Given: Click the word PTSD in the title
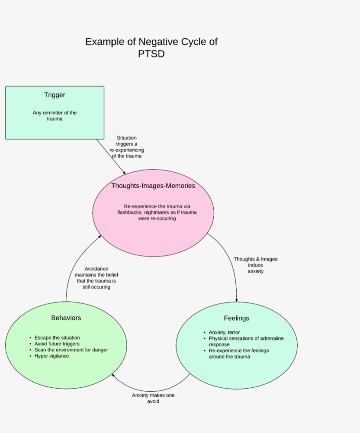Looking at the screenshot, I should pyautogui.click(x=151, y=54).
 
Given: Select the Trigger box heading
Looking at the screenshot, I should pyautogui.click(x=54, y=95).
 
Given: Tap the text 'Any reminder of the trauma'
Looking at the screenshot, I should pyautogui.click(x=54, y=115).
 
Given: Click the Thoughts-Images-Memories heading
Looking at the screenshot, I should pyautogui.click(x=153, y=186).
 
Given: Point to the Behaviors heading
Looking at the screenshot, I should pyautogui.click(x=66, y=318).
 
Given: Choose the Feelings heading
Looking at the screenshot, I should pyautogui.click(x=236, y=318).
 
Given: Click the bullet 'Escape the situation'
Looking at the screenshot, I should pyautogui.click(x=57, y=338).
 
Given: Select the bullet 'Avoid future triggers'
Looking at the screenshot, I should pyautogui.click(x=57, y=344).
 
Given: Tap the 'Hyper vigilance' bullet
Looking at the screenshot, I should pyautogui.click(x=51, y=356).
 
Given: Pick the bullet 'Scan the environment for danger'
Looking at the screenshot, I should pyautogui.click(x=71, y=350).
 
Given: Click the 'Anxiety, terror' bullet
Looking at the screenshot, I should pyautogui.click(x=224, y=333).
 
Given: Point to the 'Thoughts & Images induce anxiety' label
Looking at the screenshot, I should pyautogui.click(x=255, y=265).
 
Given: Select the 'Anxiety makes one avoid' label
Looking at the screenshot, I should pyautogui.click(x=153, y=398).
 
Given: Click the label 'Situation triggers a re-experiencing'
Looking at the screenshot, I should pyautogui.click(x=126, y=147).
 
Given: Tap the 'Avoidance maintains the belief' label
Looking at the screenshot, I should pyautogui.click(x=96, y=278).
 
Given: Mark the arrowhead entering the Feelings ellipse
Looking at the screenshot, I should pyautogui.click(x=237, y=300).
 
